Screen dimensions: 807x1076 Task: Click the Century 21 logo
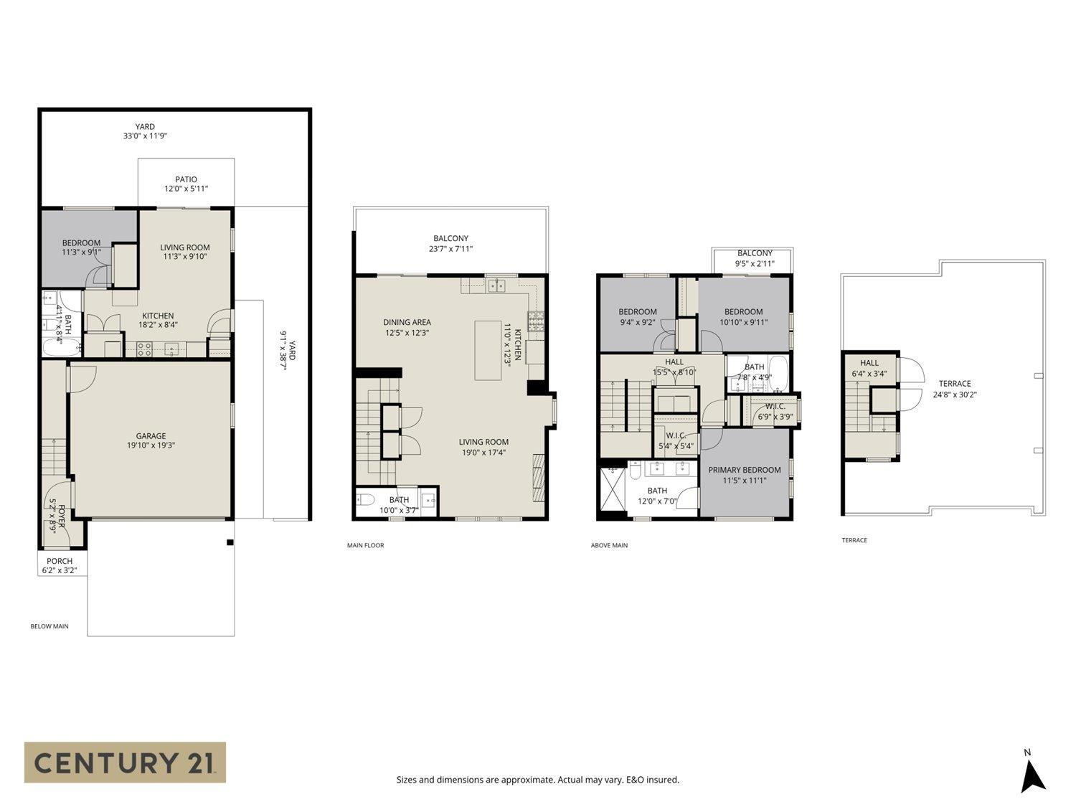click(125, 762)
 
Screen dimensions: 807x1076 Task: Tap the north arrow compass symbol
click(1032, 775)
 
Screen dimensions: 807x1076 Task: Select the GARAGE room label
click(151, 435)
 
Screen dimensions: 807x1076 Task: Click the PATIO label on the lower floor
click(186, 179)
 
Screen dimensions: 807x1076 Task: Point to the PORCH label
click(60, 561)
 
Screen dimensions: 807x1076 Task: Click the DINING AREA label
click(407, 322)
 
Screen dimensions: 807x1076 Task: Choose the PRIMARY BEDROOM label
click(744, 470)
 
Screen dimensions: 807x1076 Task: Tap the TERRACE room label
click(954, 384)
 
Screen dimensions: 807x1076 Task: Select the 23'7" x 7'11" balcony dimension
click(450, 249)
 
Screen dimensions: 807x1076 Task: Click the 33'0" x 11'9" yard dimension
click(145, 136)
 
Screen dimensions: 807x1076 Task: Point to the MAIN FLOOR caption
click(365, 545)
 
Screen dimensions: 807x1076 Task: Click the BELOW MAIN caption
click(49, 626)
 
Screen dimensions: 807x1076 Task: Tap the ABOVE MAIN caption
click(609, 545)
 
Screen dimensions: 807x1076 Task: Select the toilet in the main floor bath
click(364, 500)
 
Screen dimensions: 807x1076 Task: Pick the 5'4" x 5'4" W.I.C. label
click(676, 445)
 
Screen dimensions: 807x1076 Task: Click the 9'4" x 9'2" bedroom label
click(637, 322)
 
